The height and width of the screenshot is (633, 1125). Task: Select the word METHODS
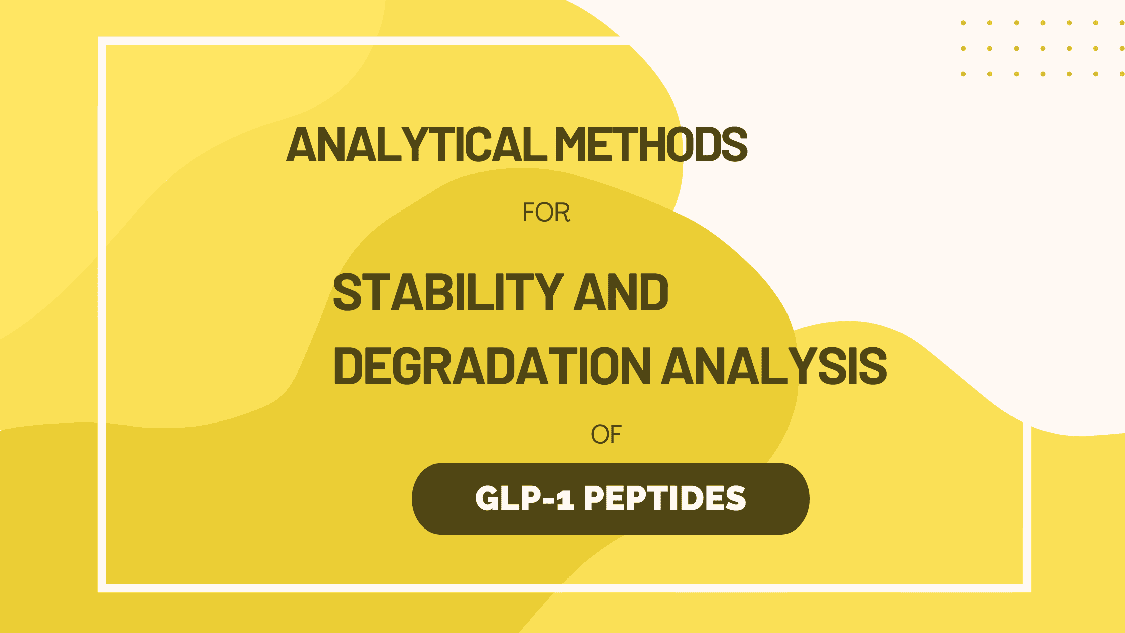pyautogui.click(x=651, y=144)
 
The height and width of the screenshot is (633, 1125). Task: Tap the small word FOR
pyautogui.click(x=546, y=213)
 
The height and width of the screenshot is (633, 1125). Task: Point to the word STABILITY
pyautogui.click(x=448, y=292)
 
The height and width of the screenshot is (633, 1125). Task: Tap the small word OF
pyautogui.click(x=606, y=435)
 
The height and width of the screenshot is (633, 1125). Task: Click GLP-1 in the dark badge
pyautogui.click(x=524, y=498)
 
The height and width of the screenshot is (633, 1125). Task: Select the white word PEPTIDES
pyautogui.click(x=665, y=498)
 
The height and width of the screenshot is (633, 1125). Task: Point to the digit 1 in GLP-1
pyautogui.click(x=566, y=499)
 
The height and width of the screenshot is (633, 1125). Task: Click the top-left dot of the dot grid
pyautogui.click(x=963, y=23)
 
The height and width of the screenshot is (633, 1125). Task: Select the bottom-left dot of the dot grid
pyautogui.click(x=963, y=74)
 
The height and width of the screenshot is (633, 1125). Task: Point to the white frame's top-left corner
pyautogui.click(x=102, y=41)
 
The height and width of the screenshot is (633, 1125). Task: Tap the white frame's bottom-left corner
pyautogui.click(x=102, y=588)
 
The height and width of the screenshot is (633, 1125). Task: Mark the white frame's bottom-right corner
pyautogui.click(x=1027, y=588)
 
